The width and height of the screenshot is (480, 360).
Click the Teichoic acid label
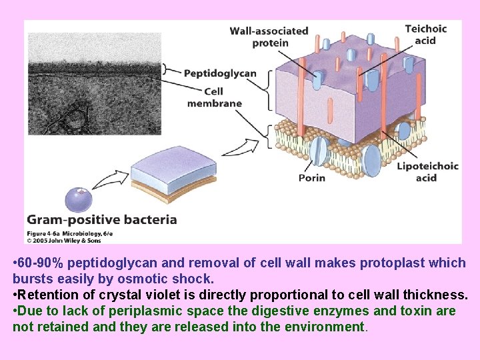[425, 35]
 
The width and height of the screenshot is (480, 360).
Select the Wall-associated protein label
[269, 37]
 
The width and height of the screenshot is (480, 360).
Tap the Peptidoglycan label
[220, 73]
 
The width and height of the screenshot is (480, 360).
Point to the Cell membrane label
[214, 97]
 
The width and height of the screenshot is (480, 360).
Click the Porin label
[311, 178]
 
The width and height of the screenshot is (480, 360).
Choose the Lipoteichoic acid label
[427, 172]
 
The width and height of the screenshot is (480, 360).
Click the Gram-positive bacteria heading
[101, 219]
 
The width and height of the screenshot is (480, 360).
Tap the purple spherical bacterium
[79, 199]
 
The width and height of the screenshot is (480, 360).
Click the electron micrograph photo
[94, 84]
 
